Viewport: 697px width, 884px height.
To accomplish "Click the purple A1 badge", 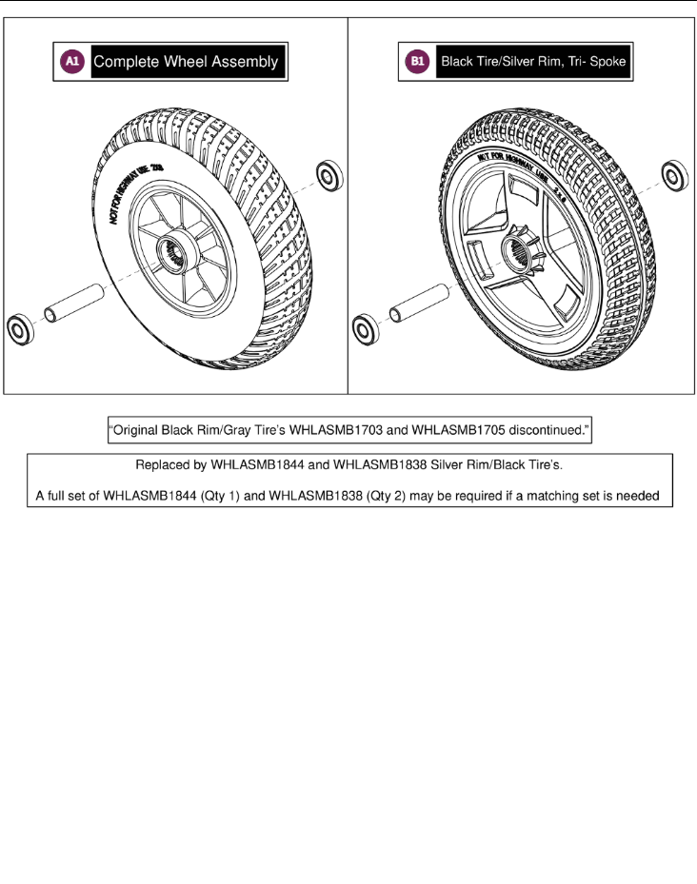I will [72, 62].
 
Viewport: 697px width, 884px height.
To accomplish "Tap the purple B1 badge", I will [416, 63].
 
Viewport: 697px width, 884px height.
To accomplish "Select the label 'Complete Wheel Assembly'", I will [187, 62].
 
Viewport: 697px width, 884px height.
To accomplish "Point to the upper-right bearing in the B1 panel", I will [674, 175].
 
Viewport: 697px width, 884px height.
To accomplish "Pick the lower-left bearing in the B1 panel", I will [363, 330].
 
